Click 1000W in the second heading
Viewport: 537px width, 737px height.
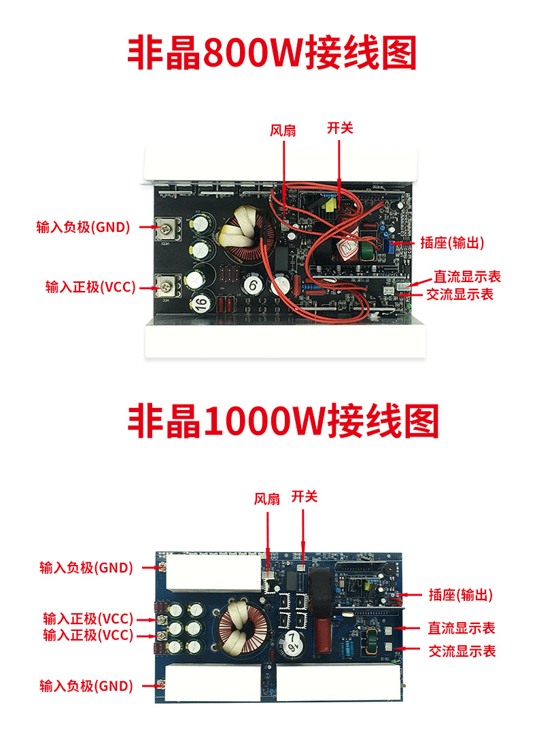264,421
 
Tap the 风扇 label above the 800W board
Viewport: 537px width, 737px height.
283,130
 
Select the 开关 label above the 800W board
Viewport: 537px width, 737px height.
340,128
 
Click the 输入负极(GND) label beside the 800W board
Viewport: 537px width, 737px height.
83,227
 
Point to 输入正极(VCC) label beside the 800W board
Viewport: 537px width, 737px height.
90,287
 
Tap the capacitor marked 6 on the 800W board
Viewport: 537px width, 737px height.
254,285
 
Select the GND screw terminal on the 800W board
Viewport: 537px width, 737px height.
167,229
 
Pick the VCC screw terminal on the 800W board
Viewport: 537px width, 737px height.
167,286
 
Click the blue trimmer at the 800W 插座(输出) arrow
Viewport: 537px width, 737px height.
387,244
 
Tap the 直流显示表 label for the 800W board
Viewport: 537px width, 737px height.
467,276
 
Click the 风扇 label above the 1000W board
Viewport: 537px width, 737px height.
267,498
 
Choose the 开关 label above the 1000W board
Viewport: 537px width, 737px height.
305,496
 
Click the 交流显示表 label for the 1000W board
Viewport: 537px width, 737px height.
462,651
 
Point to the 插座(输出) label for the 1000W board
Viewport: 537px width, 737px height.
460,595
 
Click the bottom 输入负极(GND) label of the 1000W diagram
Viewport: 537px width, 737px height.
86,686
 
